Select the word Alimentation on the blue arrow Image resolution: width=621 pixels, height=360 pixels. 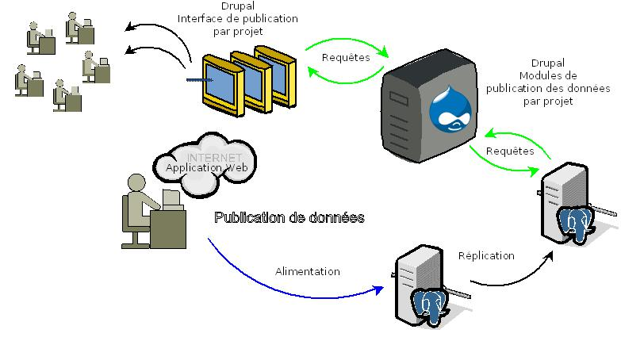pyautogui.click(x=307, y=271)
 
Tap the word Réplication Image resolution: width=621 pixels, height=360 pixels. pyautogui.click(x=486, y=255)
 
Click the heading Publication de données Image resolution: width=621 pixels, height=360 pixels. pyautogui.click(x=289, y=217)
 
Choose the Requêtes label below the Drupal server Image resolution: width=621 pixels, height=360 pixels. pyautogui.click(x=509, y=151)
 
